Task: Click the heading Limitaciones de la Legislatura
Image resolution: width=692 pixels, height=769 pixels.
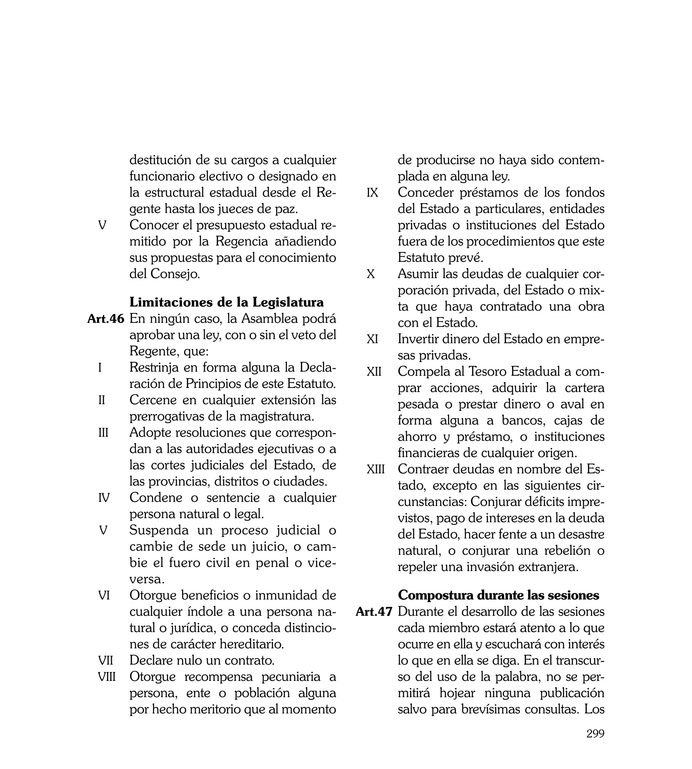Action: (227, 302)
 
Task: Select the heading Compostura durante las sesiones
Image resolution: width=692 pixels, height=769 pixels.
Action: (498, 595)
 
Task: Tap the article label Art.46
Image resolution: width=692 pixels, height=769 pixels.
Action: (106, 319)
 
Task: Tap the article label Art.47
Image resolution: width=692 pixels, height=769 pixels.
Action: (374, 612)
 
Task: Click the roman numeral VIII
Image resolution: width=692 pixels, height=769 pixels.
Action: (107, 677)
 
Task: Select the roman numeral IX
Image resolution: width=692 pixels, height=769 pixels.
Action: (372, 193)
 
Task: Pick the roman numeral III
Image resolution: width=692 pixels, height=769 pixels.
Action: (103, 432)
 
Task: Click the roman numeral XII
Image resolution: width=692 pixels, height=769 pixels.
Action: (374, 371)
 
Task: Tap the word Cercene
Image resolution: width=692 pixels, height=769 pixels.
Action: (153, 400)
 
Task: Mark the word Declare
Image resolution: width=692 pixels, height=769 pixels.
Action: (151, 660)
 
